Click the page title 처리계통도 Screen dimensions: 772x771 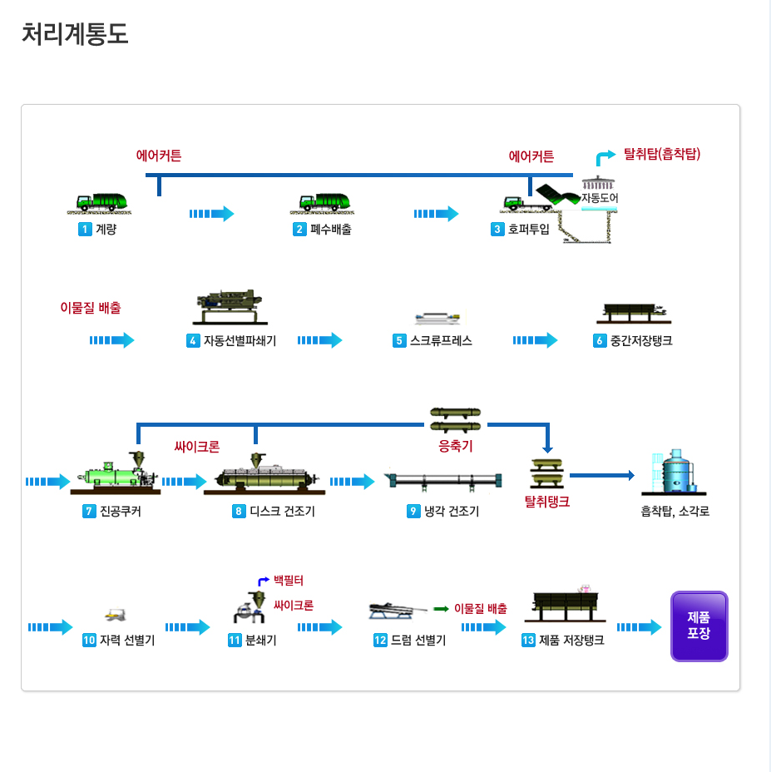click(75, 34)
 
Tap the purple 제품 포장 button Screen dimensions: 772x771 click(699, 626)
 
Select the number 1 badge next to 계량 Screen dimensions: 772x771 click(84, 230)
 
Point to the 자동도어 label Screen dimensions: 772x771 click(599, 198)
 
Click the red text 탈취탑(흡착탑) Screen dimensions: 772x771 click(663, 154)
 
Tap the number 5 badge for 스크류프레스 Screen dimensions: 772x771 click(399, 340)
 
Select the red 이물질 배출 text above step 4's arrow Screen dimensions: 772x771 click(91, 308)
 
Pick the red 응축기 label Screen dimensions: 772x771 click(455, 446)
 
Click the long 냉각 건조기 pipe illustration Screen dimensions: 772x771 click(443, 481)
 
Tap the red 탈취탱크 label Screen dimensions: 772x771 click(546, 502)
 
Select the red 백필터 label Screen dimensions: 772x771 click(289, 580)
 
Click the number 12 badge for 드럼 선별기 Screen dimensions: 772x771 click(380, 641)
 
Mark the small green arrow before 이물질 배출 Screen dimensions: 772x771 click(441, 609)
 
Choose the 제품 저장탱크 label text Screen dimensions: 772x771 click(571, 641)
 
